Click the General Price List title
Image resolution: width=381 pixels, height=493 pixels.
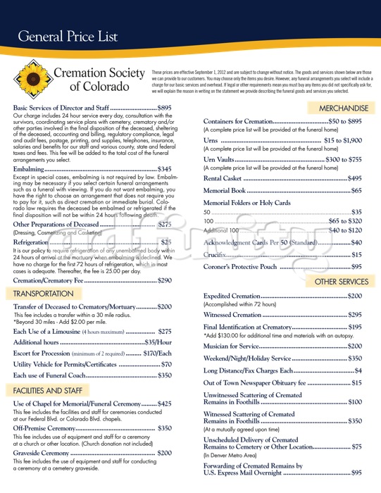pos(68,36)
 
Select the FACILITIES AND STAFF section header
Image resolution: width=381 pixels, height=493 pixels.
pos(49,389)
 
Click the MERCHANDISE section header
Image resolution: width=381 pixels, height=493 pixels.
pos(343,108)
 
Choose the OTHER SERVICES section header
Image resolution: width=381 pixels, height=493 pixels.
pos(341,282)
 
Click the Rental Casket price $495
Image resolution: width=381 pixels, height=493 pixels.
pos(354,178)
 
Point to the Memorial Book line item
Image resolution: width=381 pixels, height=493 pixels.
pos(225,191)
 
